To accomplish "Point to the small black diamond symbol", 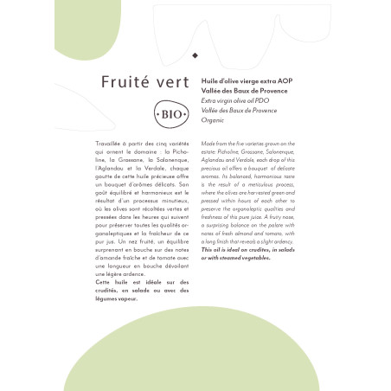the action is point(195,54).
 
